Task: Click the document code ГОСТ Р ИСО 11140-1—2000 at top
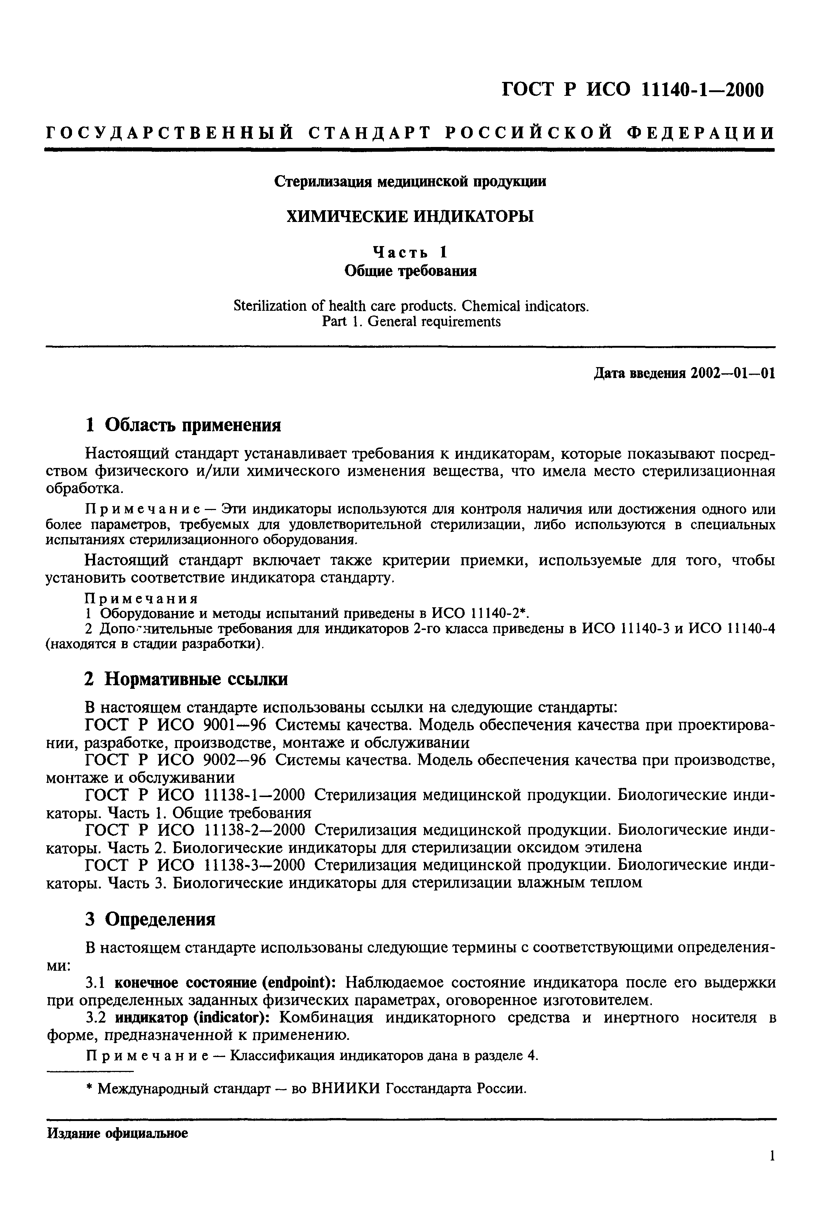(632, 90)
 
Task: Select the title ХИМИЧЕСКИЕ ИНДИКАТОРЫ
(410, 216)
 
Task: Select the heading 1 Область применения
(183, 425)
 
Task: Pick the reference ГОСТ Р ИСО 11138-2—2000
(195, 830)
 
